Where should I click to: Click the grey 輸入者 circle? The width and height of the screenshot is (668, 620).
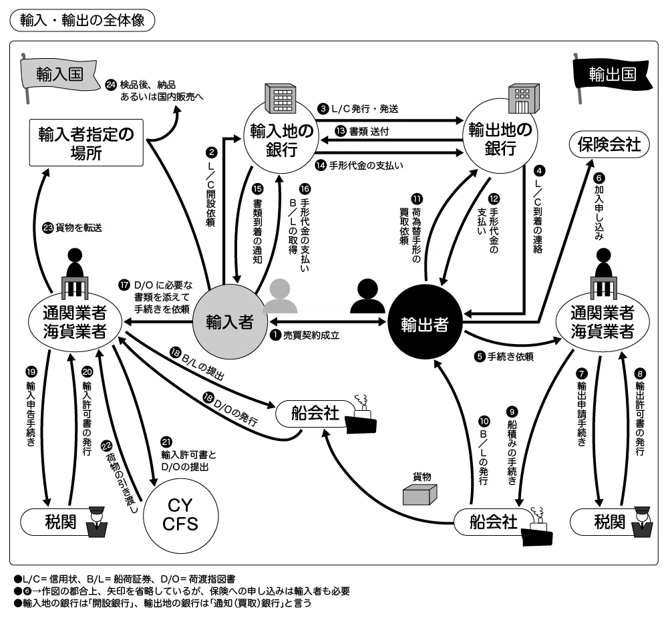230,322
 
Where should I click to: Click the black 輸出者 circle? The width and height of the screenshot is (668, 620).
425,324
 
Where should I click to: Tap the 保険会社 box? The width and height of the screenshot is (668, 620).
609,145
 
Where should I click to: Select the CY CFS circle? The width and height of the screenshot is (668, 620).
180,514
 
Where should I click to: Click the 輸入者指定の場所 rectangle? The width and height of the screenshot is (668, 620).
86,143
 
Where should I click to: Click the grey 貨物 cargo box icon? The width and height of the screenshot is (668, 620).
420,494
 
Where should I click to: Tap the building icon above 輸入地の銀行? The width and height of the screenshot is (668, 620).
281,98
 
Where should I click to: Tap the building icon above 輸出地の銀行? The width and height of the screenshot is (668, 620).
524,98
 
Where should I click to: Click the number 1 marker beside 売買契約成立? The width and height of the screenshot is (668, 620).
276,335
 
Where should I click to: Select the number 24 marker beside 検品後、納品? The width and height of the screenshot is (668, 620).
111,85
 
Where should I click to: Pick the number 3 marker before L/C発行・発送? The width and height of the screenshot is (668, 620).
323,109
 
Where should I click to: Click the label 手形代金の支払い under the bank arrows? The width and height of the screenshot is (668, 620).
366,165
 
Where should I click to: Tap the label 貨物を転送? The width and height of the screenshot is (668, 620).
79,228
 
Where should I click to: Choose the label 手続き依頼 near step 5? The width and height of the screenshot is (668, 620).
510,356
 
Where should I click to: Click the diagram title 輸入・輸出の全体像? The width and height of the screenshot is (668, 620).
82,21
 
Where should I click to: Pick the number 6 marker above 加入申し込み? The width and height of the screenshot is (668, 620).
599,178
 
